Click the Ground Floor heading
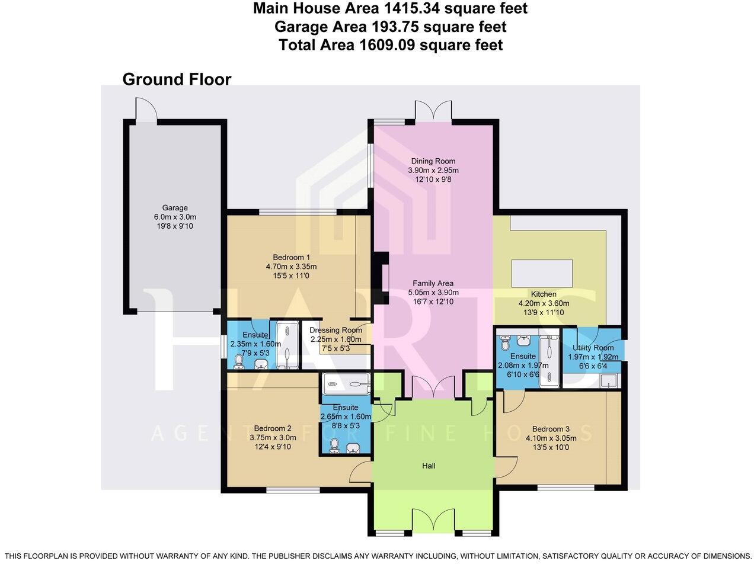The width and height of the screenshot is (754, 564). click(177, 79)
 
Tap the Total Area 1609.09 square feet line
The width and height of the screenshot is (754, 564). click(391, 44)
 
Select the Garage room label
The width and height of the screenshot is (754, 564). click(175, 208)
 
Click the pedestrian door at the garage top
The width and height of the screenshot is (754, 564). click(146, 110)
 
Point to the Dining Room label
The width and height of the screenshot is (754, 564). click(433, 161)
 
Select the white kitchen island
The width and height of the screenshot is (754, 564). click(542, 274)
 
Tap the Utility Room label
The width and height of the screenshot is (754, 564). click(592, 348)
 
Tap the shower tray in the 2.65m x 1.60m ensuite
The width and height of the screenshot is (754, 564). click(346, 384)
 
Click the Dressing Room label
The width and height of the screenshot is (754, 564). click(336, 330)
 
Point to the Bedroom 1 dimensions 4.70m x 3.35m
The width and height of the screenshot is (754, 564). click(291, 267)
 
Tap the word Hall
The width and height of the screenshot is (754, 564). click(429, 466)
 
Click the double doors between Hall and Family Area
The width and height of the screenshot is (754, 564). click(433, 389)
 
